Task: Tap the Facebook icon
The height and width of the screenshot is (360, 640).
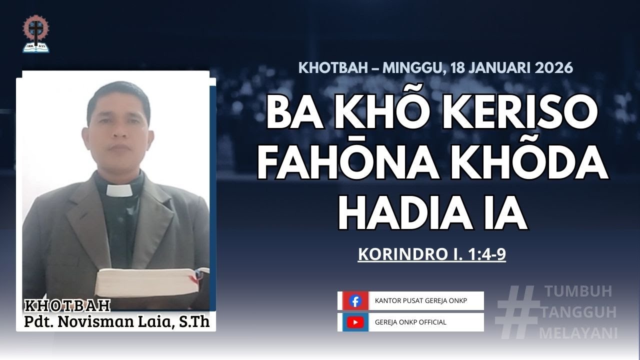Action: [x=355, y=301]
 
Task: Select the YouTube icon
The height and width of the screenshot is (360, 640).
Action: [x=355, y=322]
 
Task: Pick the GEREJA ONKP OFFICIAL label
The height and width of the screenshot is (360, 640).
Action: [x=410, y=322]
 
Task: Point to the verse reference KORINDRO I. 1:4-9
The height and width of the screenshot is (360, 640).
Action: [x=432, y=254]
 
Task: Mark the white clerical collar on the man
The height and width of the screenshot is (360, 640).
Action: [x=119, y=190]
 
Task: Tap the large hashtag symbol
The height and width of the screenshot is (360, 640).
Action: [x=517, y=312]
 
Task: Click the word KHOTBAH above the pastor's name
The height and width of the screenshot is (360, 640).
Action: [x=67, y=305]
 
